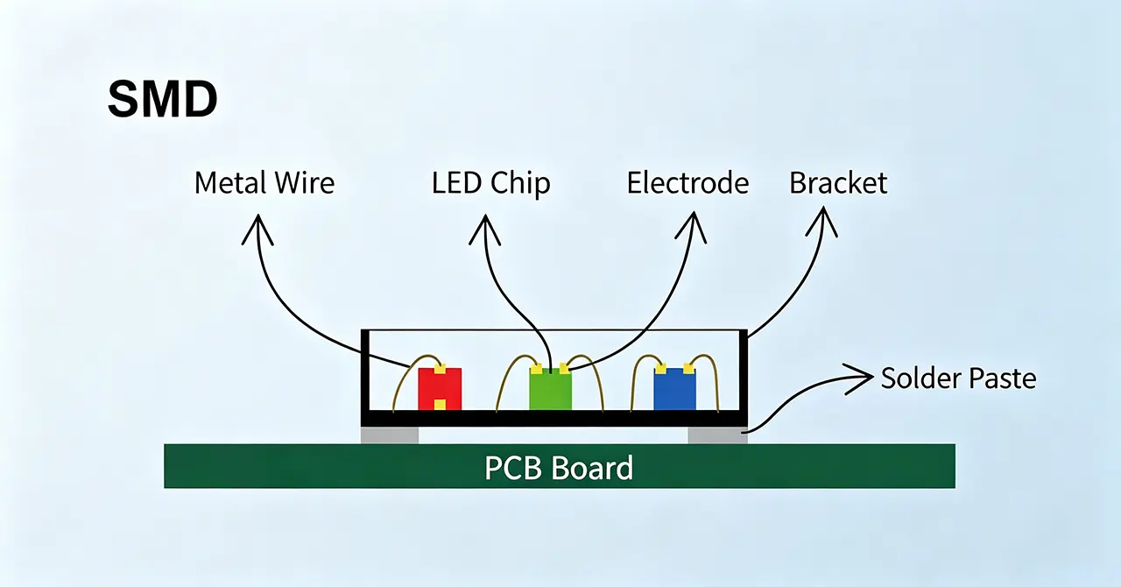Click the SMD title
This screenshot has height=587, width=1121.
click(163, 99)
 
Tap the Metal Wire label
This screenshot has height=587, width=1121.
click(264, 183)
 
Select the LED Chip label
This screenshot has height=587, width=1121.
click(491, 184)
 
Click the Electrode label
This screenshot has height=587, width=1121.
click(687, 183)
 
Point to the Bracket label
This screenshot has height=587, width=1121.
click(838, 183)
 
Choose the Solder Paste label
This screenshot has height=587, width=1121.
click(958, 378)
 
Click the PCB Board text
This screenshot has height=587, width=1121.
click(559, 468)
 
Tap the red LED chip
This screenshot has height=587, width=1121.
click(440, 389)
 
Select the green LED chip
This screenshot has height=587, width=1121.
click(551, 389)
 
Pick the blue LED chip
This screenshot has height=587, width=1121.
click(674, 389)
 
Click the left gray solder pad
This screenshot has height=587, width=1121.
click(390, 435)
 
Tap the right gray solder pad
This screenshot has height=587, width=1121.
click(717, 435)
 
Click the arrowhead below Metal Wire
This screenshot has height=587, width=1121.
click(257, 230)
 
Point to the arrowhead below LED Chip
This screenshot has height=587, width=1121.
click(485, 230)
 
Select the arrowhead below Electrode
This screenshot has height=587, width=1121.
click(692, 227)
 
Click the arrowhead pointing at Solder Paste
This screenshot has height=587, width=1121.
click(859, 378)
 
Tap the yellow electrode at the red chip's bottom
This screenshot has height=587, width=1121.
click(440, 405)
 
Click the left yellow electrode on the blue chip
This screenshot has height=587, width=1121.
click(660, 370)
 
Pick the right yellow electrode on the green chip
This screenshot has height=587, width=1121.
click(564, 369)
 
